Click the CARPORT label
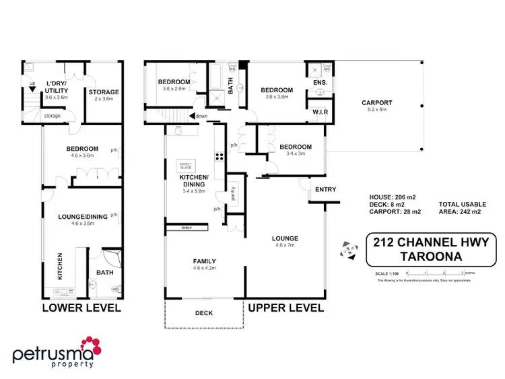click(x=376, y=103)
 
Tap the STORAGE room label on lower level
click(x=104, y=92)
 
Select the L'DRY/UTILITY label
click(x=57, y=88)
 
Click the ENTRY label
click(x=325, y=189)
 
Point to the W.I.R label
click(x=319, y=111)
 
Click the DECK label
click(x=203, y=312)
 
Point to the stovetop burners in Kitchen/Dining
click(x=219, y=158)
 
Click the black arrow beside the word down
click(x=192, y=116)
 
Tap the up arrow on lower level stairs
click(x=32, y=90)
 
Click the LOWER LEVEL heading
click(x=81, y=308)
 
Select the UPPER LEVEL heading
click(x=286, y=308)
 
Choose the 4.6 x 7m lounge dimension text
click(x=285, y=246)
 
